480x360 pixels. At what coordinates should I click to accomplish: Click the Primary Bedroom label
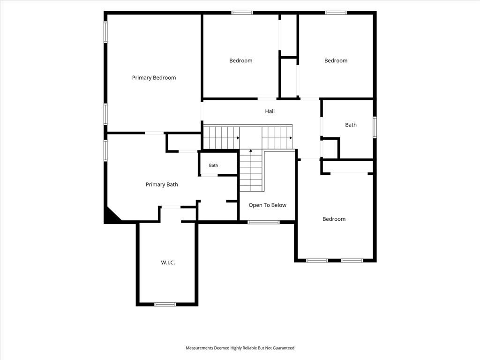[154, 78]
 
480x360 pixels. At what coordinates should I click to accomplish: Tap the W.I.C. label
[168, 262]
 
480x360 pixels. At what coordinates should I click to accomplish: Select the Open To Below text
[268, 205]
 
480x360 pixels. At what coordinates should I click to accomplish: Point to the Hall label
[270, 111]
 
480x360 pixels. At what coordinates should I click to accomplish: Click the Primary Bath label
[162, 184]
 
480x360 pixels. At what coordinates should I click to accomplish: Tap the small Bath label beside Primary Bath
[213, 165]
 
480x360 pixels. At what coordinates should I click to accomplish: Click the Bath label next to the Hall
[351, 125]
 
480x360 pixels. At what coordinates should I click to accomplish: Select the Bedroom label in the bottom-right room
[334, 219]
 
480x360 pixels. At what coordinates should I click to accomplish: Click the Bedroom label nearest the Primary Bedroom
[241, 60]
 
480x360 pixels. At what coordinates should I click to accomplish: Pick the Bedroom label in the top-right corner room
[336, 60]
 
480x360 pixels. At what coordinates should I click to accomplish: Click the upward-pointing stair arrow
[251, 150]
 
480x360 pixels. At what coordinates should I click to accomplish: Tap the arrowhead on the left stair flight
[238, 138]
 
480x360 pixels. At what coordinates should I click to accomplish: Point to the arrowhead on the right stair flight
[291, 138]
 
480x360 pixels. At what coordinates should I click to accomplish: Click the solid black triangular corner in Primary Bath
[111, 215]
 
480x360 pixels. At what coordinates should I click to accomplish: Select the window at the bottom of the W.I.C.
[165, 304]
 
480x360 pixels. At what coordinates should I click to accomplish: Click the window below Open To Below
[263, 222]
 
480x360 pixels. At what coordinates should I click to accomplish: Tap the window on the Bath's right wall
[375, 127]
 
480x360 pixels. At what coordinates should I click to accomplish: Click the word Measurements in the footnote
[199, 348]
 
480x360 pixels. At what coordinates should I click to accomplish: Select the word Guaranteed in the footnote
[284, 348]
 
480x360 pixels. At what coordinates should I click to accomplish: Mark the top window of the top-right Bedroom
[336, 13]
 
